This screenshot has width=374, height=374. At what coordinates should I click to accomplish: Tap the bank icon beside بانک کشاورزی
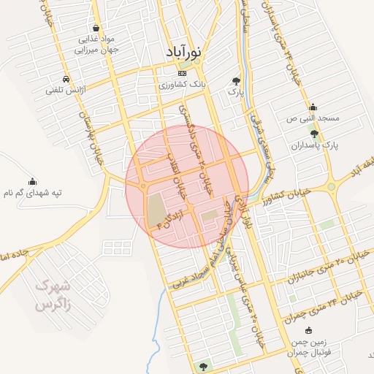[x=182, y=73]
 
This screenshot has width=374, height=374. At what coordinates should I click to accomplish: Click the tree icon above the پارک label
[x=235, y=80]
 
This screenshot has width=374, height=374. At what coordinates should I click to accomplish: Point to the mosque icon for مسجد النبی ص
[x=313, y=107]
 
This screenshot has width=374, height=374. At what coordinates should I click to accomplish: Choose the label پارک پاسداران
[x=315, y=145]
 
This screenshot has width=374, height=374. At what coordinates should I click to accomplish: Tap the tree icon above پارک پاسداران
[x=315, y=134]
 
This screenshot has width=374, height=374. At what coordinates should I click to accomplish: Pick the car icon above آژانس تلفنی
[x=66, y=78]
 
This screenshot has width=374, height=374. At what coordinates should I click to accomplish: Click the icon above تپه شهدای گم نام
[x=32, y=181]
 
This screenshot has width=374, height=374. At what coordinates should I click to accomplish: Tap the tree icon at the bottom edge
[x=202, y=366]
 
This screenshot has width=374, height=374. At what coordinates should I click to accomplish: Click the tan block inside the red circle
[x=156, y=210]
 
